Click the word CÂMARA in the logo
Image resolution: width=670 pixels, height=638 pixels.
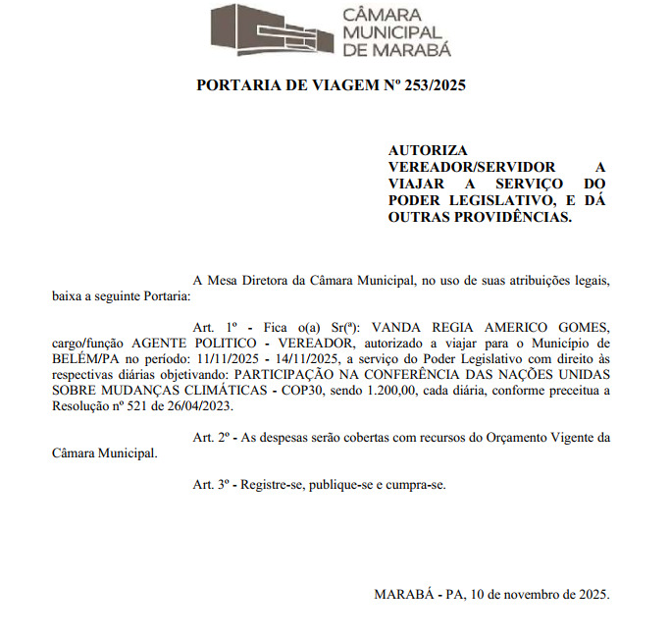pyautogui.click(x=381, y=15)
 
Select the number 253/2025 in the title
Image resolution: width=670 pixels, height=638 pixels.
pyautogui.click(x=428, y=85)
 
